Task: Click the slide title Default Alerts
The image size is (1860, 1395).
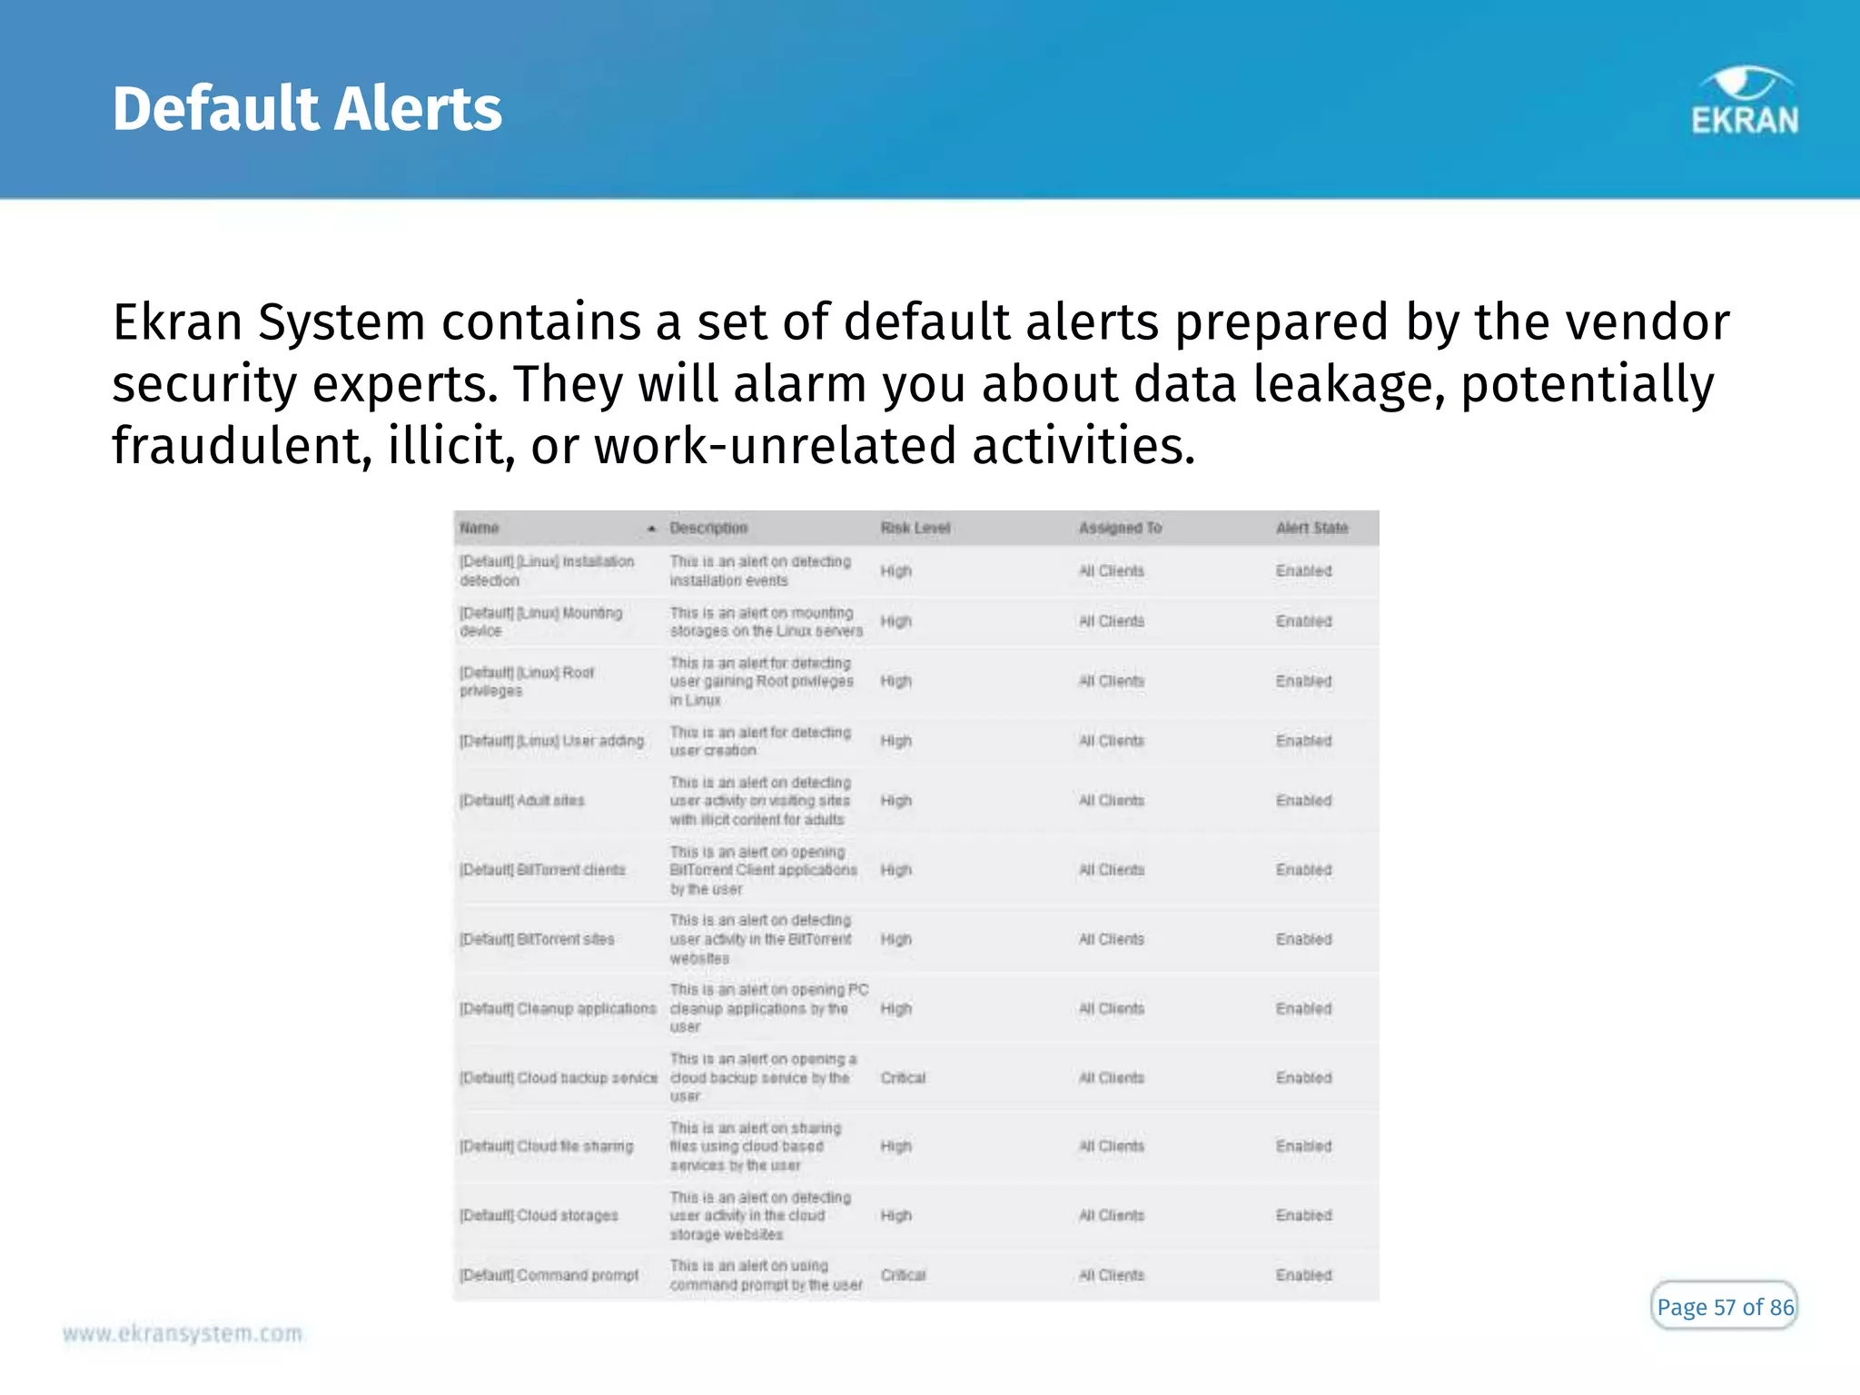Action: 307,109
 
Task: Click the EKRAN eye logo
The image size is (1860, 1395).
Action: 1745,102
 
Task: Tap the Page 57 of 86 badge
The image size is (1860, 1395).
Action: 1724,1307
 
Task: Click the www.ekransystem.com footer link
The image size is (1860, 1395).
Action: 182,1333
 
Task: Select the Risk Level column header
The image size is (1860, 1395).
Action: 915,528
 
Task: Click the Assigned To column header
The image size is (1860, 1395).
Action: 1120,528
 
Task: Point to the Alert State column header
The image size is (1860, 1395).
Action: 1311,528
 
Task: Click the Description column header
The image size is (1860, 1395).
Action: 708,528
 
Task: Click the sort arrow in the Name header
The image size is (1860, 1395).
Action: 651,529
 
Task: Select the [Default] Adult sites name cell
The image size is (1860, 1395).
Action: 522,800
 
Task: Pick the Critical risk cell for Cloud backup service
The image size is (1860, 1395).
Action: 903,1078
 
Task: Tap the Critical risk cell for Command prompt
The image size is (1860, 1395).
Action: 903,1275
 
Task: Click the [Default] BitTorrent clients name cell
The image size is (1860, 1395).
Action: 542,870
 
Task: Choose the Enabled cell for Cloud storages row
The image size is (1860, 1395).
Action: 1303,1215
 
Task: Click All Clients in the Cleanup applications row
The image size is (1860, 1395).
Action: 1112,1009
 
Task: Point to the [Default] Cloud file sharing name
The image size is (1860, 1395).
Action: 546,1146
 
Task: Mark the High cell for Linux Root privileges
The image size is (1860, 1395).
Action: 895,681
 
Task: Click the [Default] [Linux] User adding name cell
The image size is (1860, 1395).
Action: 551,741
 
